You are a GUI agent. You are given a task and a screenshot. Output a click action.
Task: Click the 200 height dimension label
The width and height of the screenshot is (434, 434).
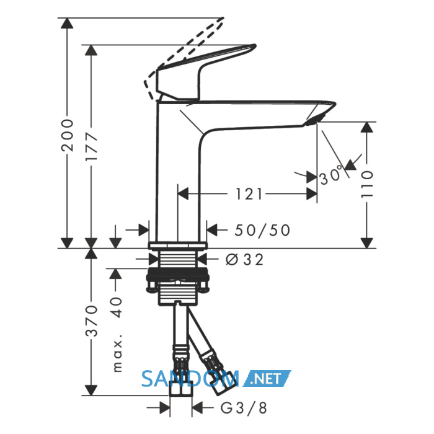point(68,135)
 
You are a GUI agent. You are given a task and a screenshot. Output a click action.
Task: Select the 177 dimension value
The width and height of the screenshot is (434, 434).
point(91,147)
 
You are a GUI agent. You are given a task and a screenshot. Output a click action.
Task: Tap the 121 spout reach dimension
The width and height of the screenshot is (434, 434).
point(249,194)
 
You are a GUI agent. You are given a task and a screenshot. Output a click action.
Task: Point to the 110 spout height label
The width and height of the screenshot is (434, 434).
point(367,184)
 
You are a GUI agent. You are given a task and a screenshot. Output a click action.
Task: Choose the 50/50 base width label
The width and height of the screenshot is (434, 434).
point(262,230)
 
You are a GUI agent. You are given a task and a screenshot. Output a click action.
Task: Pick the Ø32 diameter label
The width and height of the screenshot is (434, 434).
point(245,260)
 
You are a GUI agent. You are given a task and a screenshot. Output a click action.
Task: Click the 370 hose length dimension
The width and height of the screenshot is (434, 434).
point(91,321)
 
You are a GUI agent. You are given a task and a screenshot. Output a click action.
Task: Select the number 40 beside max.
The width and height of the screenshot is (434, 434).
point(116,308)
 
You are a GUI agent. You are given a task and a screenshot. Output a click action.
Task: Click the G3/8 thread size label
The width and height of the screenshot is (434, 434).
point(244,408)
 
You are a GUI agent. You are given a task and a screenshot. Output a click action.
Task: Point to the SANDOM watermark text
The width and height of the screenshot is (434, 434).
point(190,378)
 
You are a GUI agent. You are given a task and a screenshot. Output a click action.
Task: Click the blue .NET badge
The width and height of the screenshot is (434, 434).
point(267,378)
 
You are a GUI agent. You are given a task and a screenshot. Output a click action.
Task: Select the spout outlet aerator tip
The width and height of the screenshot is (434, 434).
point(313,122)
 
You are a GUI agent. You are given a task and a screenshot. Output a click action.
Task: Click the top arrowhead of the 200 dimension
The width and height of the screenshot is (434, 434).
point(67,23)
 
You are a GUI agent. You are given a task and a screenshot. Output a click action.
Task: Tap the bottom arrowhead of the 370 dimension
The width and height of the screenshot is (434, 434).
point(91,390)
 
